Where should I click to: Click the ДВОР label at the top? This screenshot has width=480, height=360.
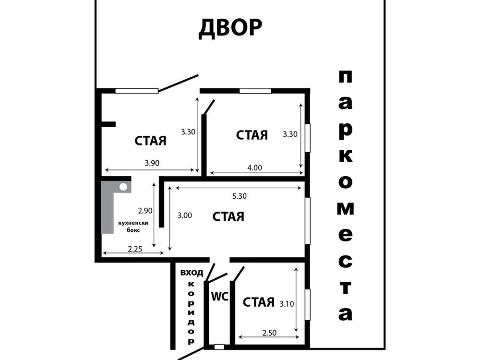pos(230,28)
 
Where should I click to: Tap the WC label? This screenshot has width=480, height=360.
pos(220,296)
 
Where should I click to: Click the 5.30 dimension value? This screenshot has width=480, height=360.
pos(240,196)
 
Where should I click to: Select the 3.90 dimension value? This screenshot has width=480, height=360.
pos(152,163)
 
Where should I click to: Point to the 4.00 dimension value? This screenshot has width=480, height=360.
pos(255,168)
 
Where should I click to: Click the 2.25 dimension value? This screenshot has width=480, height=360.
pos(135,249)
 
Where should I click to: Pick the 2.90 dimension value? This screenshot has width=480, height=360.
pos(145,211)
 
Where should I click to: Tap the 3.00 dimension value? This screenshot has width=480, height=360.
pos(185,215)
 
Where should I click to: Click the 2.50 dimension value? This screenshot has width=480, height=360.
pos(269,333)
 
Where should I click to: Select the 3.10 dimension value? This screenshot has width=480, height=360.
pos(287,304)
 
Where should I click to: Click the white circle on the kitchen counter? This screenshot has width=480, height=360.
pos(123,187)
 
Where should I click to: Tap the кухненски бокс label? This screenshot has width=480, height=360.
pos(133,226)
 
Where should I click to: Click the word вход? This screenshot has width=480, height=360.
pos(192,273)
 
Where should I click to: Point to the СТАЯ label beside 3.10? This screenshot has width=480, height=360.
pos(259,302)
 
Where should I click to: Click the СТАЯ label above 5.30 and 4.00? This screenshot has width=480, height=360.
pos(252,135)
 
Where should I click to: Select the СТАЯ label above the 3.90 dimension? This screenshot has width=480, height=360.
pos(150,141)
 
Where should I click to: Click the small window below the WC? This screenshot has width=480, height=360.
pos(219,347)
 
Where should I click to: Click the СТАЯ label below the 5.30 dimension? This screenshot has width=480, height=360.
pos(228,216)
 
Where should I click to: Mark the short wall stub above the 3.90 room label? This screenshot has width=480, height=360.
pos(108,124)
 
